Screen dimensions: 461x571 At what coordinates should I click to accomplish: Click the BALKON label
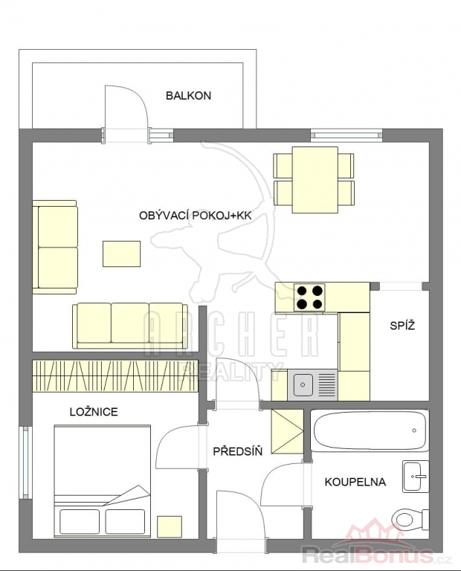click(188, 96)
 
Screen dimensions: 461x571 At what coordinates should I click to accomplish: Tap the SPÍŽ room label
click(402, 325)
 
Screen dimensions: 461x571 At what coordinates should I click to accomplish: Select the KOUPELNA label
click(355, 482)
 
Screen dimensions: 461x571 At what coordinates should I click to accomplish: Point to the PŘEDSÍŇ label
click(238, 451)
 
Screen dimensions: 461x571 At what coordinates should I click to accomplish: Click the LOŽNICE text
click(94, 412)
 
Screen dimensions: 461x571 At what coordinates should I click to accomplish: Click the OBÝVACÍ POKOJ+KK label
click(195, 216)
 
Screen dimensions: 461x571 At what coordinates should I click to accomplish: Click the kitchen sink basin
click(302, 384)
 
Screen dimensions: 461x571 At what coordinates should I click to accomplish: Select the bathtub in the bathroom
click(370, 430)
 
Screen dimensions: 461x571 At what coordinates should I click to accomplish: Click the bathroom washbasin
click(416, 477)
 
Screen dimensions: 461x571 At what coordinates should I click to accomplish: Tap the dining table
click(315, 179)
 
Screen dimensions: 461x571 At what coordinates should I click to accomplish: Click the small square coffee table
click(122, 254)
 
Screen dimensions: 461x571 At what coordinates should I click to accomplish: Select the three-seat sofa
click(130, 326)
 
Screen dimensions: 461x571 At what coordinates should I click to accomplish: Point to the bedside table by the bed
click(170, 526)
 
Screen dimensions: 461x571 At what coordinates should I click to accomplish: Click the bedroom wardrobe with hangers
click(115, 375)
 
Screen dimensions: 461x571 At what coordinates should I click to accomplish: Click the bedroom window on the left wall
click(25, 463)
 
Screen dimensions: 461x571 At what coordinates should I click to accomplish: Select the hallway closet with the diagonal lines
click(287, 432)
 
